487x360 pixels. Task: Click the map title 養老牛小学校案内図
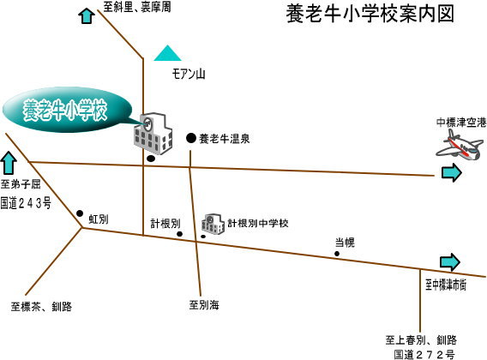pyautogui.click(x=370, y=14)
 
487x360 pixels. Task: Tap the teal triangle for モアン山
pyautogui.click(x=167, y=53)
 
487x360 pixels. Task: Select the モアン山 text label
pyautogui.click(x=189, y=74)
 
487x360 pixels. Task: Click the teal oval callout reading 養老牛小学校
pyautogui.click(x=67, y=110)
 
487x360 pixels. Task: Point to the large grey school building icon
pyautogui.click(x=153, y=134)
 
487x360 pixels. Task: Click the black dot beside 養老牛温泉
pyautogui.click(x=191, y=138)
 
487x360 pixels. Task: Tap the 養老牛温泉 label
pyautogui.click(x=225, y=139)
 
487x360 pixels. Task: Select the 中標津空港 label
pyautogui.click(x=461, y=123)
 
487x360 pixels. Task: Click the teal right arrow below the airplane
pyautogui.click(x=452, y=172)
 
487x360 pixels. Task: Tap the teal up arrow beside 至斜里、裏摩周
pyautogui.click(x=87, y=15)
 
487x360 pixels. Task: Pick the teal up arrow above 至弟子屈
pyautogui.click(x=9, y=163)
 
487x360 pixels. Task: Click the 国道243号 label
pyautogui.click(x=26, y=203)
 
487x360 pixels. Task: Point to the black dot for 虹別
pyautogui.click(x=80, y=213)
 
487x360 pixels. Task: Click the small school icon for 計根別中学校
pyautogui.click(x=213, y=224)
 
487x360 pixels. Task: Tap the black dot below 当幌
pyautogui.click(x=337, y=254)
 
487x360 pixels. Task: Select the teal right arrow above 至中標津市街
pyautogui.click(x=450, y=261)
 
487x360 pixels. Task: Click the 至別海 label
pyautogui.click(x=204, y=304)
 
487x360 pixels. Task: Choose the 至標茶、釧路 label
pyautogui.click(x=41, y=307)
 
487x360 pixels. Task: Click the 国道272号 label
pyautogui.click(x=424, y=354)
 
